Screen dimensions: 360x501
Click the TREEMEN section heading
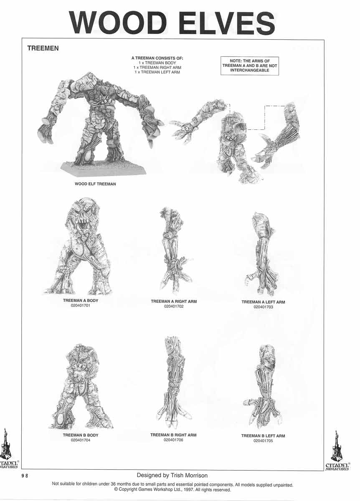43,48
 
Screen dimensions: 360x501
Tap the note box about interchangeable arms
250,66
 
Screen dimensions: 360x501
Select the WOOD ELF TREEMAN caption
95,184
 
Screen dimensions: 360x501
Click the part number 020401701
81,306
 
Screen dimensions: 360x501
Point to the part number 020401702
174,306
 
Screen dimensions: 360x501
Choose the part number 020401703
264,307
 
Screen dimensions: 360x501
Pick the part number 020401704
81,440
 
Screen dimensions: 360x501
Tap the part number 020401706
173,440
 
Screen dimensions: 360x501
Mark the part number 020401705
263,441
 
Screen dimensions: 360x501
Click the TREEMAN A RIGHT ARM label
174,301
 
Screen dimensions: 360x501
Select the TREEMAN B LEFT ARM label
263,436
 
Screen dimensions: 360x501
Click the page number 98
25,476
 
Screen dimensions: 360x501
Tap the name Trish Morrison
189,476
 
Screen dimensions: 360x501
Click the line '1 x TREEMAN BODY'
157,63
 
